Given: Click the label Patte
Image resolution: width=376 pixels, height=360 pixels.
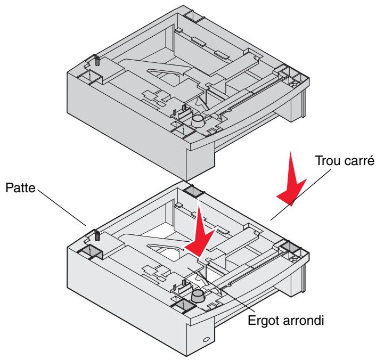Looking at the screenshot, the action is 20,187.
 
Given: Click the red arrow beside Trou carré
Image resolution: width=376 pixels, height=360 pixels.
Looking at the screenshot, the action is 291,180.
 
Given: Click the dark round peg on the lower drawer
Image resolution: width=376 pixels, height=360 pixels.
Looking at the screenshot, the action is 198,295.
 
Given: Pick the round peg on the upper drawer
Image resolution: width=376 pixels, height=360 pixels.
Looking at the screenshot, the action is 198,121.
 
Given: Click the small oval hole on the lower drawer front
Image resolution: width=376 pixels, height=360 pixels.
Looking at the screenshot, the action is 206,340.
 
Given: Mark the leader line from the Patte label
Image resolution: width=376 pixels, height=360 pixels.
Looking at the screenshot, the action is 62,208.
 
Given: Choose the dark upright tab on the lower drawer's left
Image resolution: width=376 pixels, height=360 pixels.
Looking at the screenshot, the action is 97,235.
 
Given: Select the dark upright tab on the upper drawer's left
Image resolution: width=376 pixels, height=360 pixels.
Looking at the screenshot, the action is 97,60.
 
